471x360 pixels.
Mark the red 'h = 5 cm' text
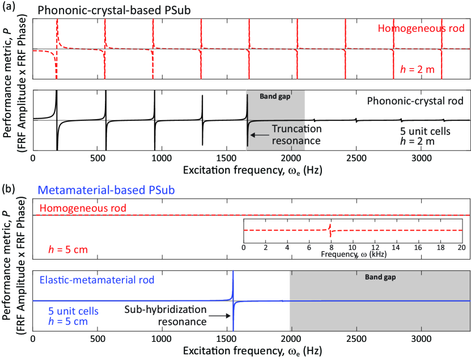(x=61, y=248)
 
